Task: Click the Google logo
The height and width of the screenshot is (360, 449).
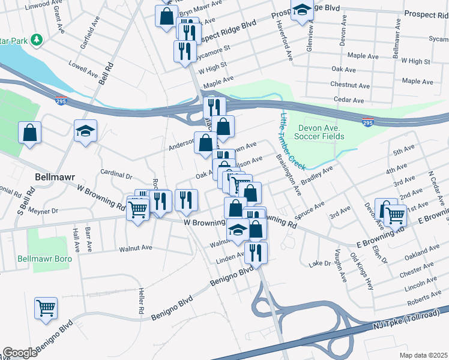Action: tap(20, 353)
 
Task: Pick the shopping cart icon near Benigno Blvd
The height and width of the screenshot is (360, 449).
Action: tap(46, 309)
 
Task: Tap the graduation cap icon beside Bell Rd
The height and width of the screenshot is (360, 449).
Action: tap(86, 131)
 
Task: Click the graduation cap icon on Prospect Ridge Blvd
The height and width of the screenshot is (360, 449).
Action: tap(301, 10)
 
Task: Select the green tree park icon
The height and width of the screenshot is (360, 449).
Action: tap(37, 39)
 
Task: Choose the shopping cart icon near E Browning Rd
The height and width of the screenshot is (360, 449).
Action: tap(395, 214)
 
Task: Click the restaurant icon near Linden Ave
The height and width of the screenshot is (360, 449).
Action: tap(256, 253)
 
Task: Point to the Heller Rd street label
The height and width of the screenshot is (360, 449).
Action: tap(142, 302)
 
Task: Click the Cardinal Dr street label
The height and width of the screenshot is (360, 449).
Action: tap(116, 175)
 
